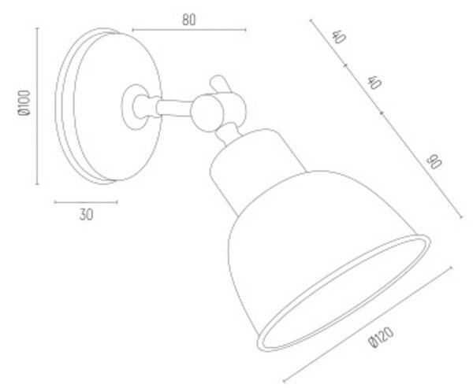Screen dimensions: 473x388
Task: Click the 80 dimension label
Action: (x=189, y=20)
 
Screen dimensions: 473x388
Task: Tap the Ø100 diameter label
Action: (x=24, y=103)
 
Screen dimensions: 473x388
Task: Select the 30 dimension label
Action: (x=86, y=215)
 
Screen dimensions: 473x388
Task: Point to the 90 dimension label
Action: (x=434, y=162)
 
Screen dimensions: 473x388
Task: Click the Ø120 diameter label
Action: (x=381, y=337)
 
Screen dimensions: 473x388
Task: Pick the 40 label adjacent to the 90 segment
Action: (x=374, y=83)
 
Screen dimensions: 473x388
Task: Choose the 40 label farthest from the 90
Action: (x=338, y=37)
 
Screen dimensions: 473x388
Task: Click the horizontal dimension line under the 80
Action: (x=189, y=30)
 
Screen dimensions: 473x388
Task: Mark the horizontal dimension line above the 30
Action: (x=86, y=202)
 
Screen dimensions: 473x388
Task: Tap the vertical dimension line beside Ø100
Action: (x=37, y=105)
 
